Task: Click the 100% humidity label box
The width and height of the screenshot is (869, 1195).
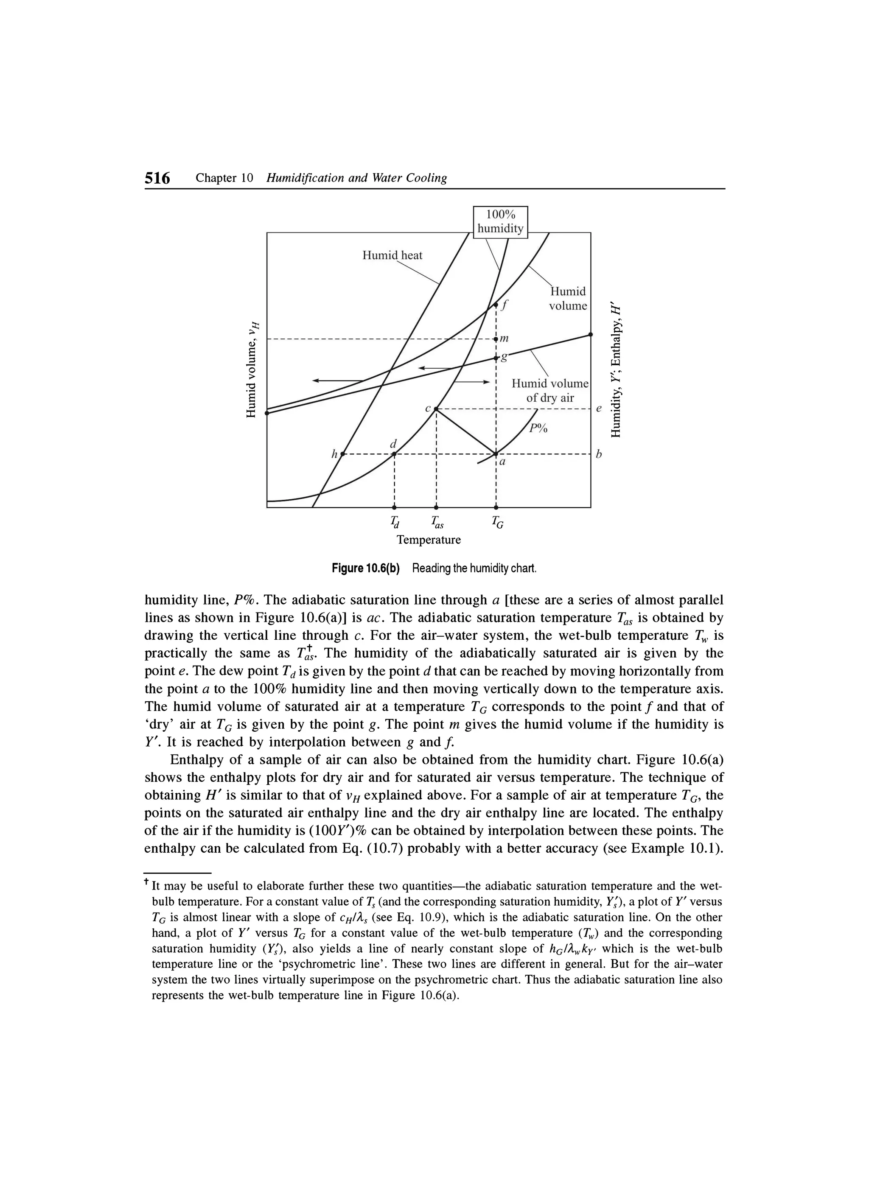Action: coord(500,222)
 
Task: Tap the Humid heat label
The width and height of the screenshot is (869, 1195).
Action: coord(392,255)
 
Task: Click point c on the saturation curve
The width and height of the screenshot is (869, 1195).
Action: coord(436,409)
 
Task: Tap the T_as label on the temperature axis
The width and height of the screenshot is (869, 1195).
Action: coord(437,523)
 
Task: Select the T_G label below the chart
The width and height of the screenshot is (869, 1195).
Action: coord(497,523)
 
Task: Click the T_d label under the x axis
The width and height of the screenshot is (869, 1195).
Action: coord(395,523)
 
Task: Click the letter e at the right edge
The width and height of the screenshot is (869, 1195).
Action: coord(598,409)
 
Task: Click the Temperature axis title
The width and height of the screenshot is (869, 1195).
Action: coord(429,540)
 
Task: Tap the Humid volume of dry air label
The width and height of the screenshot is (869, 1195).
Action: coord(549,390)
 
